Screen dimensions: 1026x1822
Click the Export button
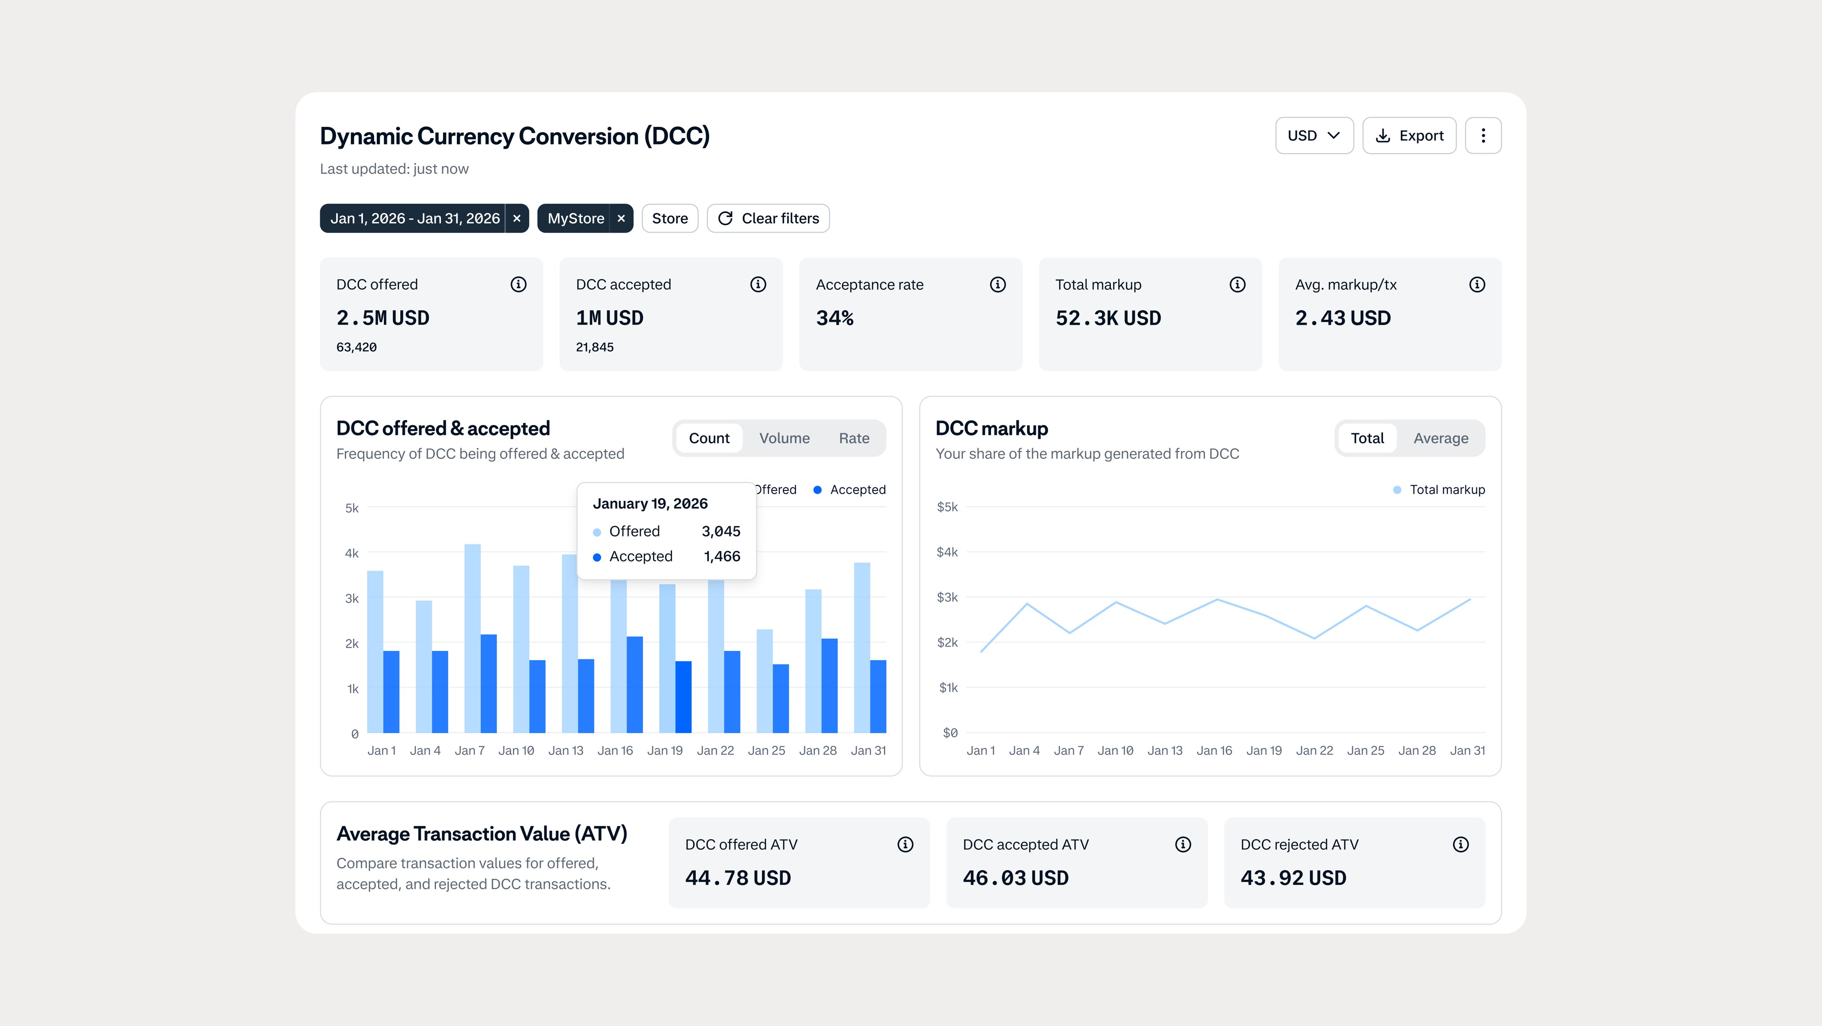(1408, 136)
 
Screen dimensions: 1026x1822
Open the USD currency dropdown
(1314, 136)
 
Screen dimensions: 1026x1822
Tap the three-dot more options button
(1483, 136)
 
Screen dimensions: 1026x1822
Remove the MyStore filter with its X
(621, 219)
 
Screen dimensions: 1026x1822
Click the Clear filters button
(768, 219)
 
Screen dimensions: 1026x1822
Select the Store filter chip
(669, 219)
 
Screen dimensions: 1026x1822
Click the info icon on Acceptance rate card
(997, 284)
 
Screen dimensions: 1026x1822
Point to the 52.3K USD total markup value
(1108, 318)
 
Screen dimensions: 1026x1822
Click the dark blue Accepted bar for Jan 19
(683, 697)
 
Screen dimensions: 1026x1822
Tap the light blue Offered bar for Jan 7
(472, 637)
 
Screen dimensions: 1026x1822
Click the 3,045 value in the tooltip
(720, 531)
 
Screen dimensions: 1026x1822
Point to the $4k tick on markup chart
(947, 552)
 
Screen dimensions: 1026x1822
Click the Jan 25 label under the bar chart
(766, 751)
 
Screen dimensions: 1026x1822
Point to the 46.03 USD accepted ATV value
(1015, 878)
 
